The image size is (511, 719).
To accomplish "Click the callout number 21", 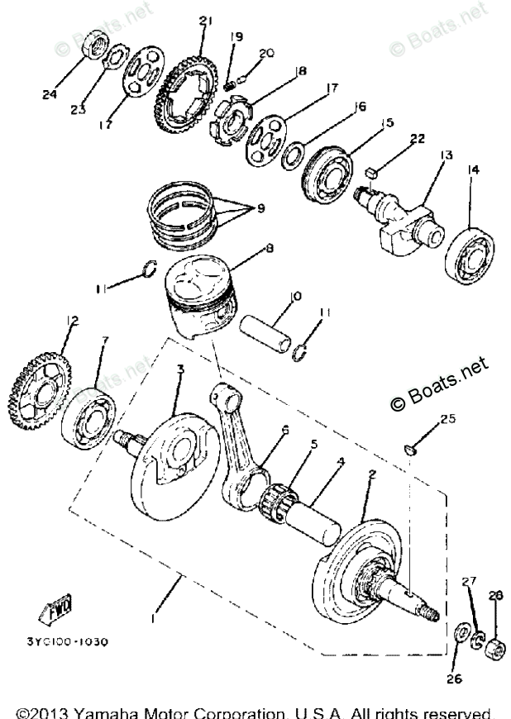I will pyautogui.click(x=205, y=20).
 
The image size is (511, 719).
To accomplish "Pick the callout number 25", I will pyautogui.click(x=447, y=419).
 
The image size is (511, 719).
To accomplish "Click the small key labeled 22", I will pyautogui.click(x=372, y=172).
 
